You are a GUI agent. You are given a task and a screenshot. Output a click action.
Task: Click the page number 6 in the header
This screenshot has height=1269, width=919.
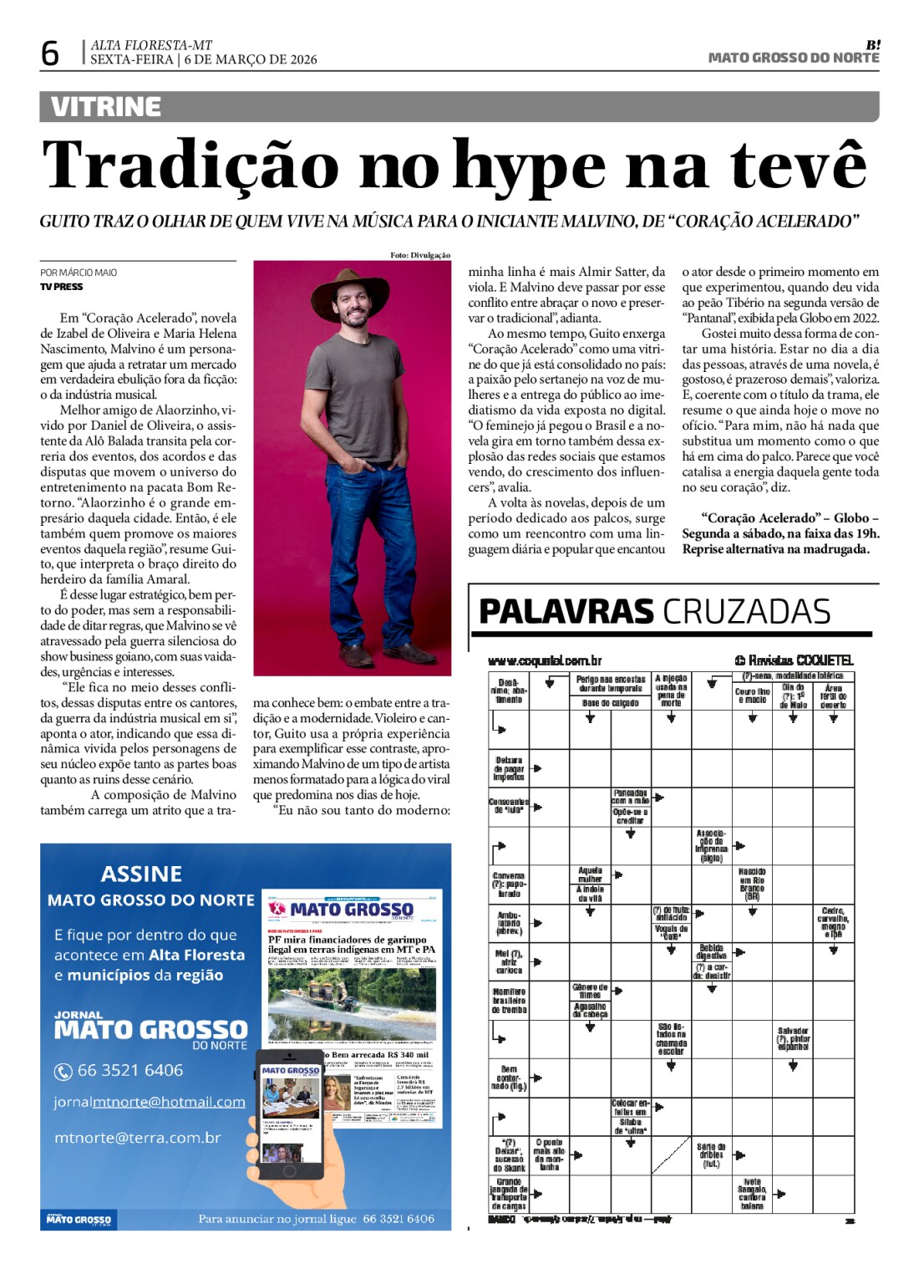tap(50, 54)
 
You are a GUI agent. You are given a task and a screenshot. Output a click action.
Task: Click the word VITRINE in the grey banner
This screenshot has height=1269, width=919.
tap(105, 107)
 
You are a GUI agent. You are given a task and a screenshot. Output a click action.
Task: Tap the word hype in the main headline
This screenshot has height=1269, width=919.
tap(529, 166)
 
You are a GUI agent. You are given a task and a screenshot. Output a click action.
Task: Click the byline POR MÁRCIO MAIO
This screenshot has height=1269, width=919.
tap(79, 273)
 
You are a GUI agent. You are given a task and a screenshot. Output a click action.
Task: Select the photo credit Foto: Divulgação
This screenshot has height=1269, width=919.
tap(419, 255)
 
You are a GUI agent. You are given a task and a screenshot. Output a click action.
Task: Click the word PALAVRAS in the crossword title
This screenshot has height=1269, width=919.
tap(566, 612)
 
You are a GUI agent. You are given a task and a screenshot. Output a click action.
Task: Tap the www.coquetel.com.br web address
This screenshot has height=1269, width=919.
tap(544, 661)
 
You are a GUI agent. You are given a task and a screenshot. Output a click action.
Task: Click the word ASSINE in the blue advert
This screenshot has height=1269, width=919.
tap(141, 874)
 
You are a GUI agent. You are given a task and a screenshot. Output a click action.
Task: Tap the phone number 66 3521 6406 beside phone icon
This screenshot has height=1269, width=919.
tap(129, 1071)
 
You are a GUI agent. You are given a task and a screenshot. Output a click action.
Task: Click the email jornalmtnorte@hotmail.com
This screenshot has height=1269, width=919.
tap(150, 1103)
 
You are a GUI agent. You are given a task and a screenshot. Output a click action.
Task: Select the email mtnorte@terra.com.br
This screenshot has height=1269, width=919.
tap(138, 1138)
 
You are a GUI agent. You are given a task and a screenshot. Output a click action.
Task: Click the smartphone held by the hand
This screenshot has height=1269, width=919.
tap(289, 1113)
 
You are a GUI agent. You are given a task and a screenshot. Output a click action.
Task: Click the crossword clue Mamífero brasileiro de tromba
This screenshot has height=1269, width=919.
tap(509, 1001)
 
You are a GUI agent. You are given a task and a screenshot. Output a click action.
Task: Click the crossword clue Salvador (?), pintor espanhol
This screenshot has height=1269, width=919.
tap(793, 1039)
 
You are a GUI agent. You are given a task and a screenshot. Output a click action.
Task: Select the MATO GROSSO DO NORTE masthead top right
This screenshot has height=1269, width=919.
tap(793, 58)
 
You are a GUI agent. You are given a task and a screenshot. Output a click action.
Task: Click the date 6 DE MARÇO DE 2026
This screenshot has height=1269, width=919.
tap(251, 59)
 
